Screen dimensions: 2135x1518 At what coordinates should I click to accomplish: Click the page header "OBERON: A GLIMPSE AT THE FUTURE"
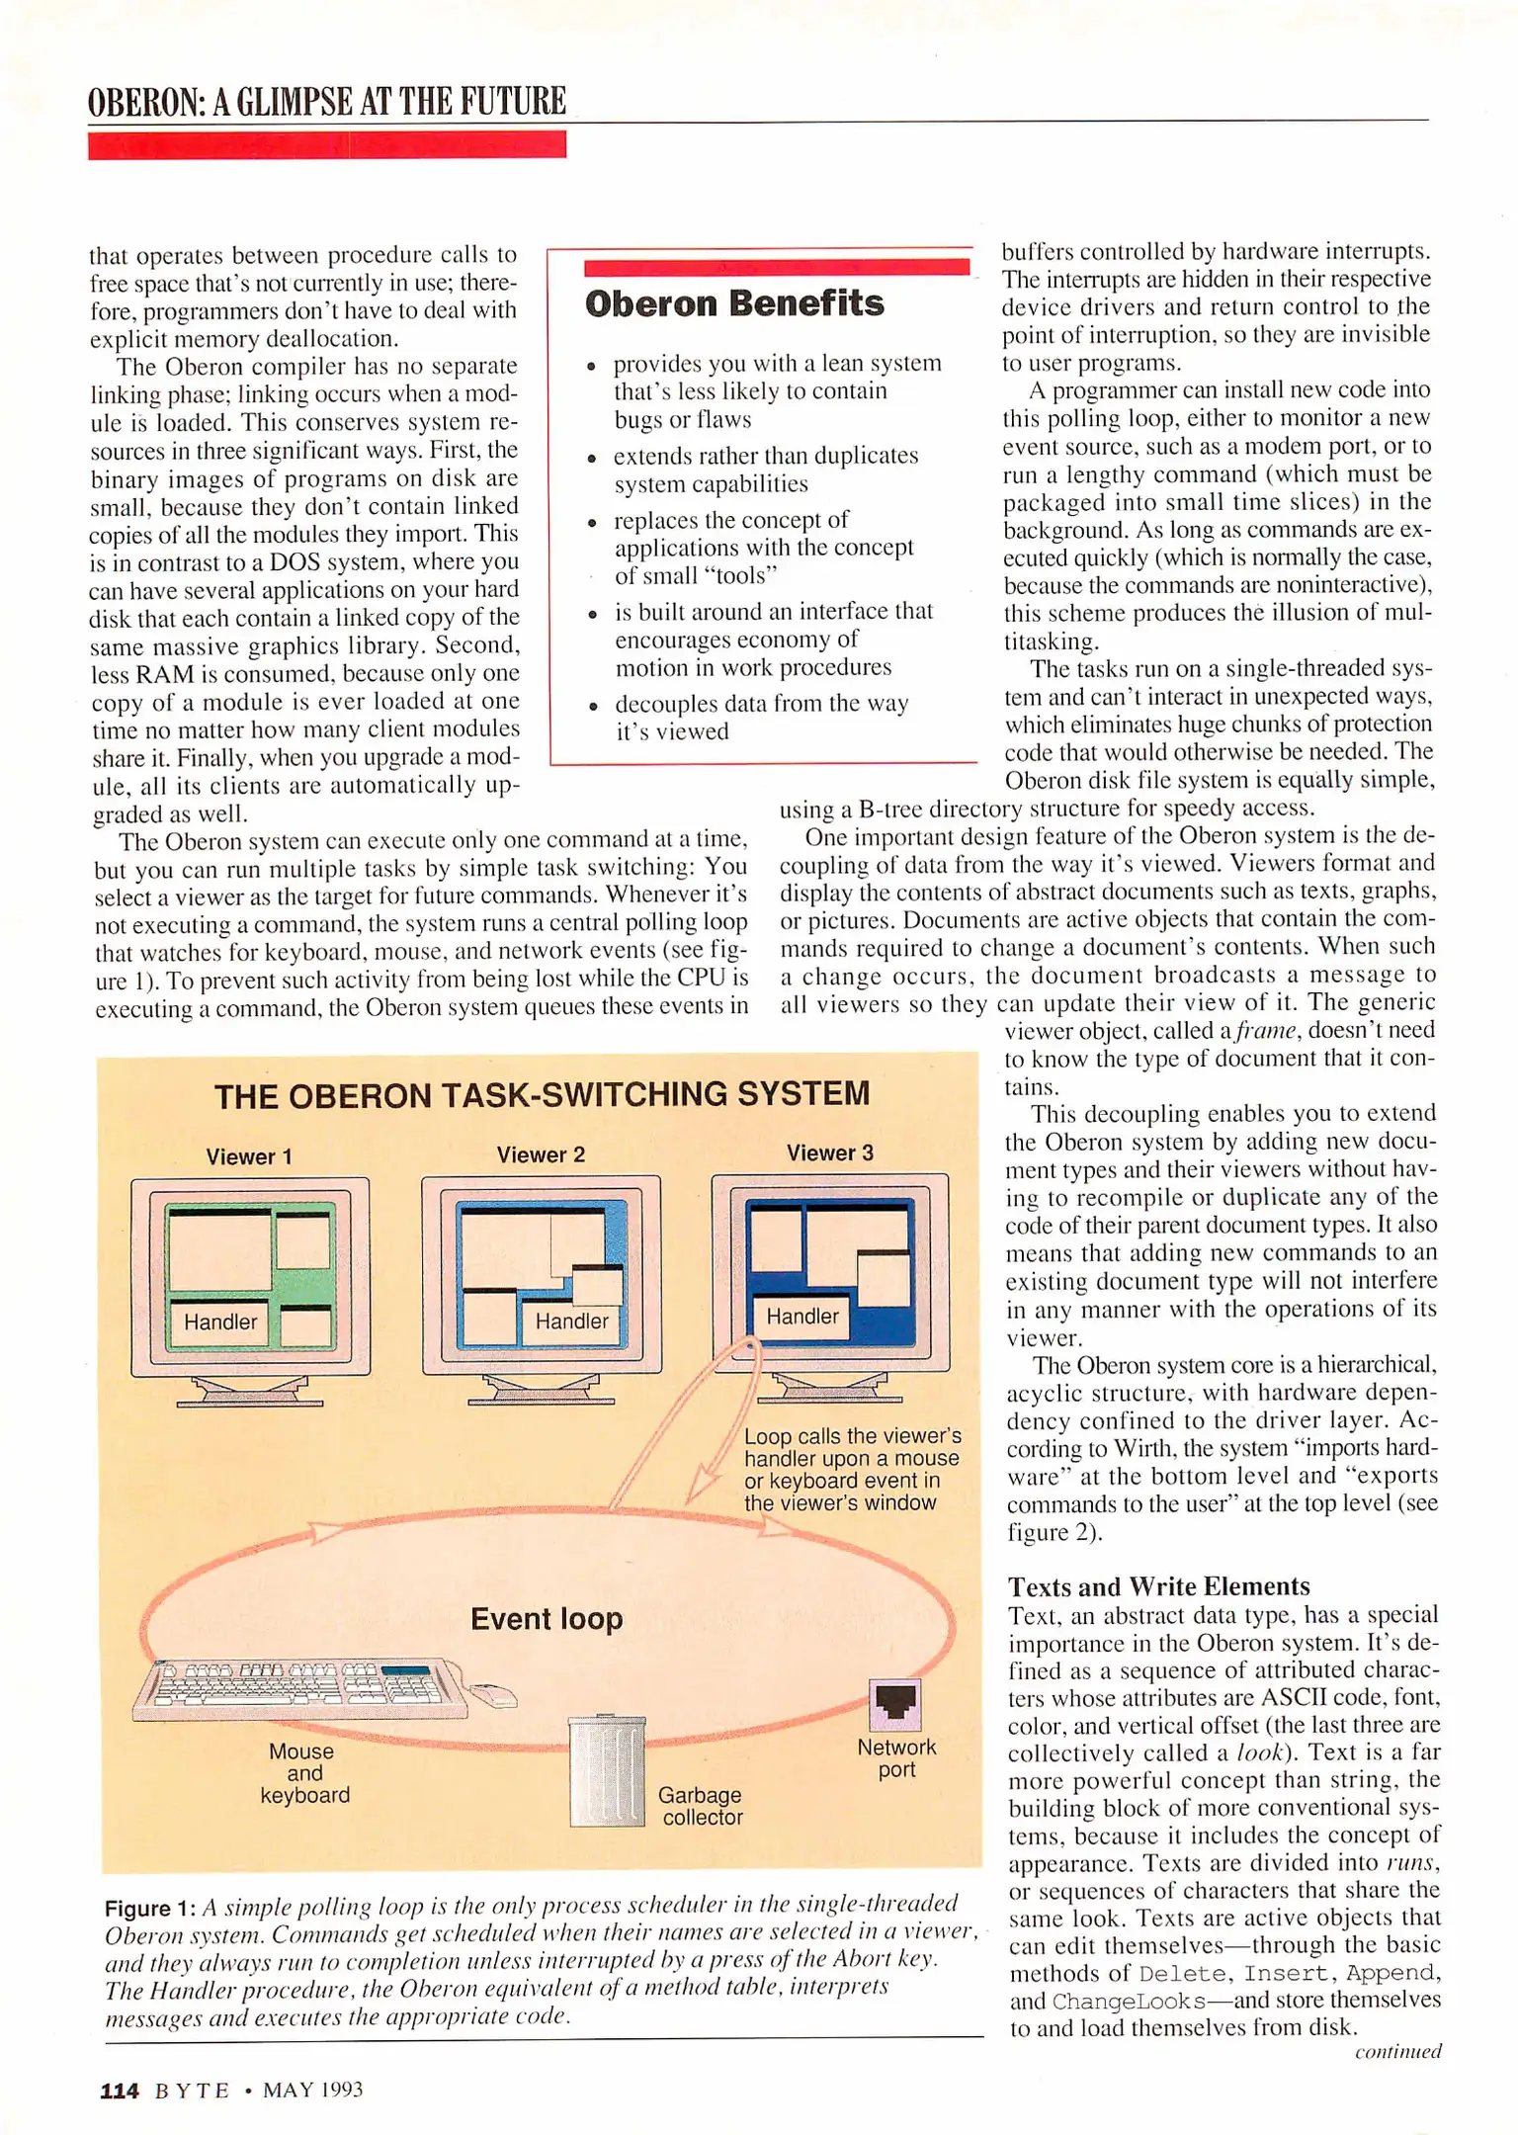(326, 102)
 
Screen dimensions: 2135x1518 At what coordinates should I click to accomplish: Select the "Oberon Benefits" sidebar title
(733, 303)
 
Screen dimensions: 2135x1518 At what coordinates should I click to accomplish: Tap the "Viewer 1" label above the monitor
(249, 1156)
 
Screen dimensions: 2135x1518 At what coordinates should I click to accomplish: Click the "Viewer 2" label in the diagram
(541, 1154)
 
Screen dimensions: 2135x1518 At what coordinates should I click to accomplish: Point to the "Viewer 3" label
(829, 1153)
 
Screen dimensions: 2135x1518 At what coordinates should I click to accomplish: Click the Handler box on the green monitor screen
(219, 1322)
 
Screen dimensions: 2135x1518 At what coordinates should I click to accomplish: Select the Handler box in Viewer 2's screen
(571, 1321)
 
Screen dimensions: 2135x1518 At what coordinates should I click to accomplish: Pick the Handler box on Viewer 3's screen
(801, 1317)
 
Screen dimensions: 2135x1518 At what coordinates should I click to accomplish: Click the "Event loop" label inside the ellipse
(547, 1619)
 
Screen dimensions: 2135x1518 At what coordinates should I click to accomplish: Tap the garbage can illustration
(607, 1771)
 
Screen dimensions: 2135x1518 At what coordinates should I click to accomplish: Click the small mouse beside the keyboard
(494, 1695)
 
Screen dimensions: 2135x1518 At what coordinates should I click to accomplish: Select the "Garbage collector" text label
(701, 1806)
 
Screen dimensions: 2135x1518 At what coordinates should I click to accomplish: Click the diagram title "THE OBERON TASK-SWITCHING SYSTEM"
(542, 1094)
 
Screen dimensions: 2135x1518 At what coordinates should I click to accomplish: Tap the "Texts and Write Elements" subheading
(1158, 1586)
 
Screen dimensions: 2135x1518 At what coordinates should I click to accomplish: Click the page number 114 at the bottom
(120, 2090)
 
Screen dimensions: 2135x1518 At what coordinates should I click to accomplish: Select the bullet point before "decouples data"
(592, 707)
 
